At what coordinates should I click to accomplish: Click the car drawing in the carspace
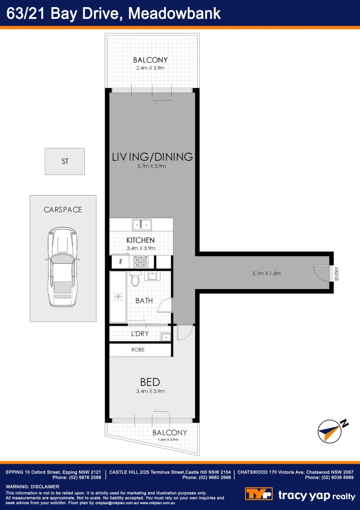pos(63,267)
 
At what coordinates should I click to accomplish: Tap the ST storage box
pos(65,161)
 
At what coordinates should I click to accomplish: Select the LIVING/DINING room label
pos(152,157)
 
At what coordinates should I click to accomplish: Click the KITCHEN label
pos(141,240)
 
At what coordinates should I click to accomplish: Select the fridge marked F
pos(120,262)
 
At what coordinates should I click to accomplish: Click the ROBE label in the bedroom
pos(138,350)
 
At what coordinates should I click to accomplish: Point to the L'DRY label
pos(140,333)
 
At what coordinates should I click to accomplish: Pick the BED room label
pos(150,382)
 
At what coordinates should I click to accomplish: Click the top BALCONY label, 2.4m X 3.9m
pos(151,60)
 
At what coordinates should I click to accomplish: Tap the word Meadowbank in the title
pos(175,13)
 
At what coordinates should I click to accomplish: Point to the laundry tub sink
pos(165,337)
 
